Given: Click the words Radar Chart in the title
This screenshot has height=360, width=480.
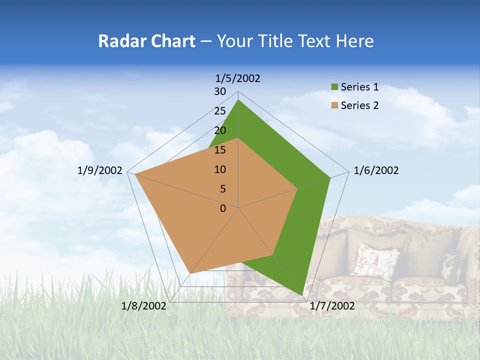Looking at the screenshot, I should click(x=146, y=41).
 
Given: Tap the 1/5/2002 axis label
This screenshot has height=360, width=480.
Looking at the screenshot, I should click(x=238, y=78).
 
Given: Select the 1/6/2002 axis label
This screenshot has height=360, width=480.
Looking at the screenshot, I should click(x=376, y=170).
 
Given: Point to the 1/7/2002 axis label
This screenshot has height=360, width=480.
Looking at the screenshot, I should click(x=332, y=306).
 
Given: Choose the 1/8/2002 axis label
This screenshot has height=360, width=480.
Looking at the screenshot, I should click(x=144, y=306).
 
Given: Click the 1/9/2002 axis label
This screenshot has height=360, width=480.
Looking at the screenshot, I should click(x=100, y=170).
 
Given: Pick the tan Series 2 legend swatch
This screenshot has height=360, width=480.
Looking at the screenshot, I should click(x=334, y=105).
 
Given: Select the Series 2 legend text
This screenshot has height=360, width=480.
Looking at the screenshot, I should click(x=359, y=105).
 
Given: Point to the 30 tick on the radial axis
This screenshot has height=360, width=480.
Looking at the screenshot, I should click(x=220, y=91).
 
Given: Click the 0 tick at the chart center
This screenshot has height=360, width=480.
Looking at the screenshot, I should click(x=223, y=208).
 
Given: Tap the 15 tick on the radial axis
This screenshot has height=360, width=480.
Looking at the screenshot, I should click(x=220, y=150).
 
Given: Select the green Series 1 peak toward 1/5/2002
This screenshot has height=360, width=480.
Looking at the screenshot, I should click(x=238, y=99).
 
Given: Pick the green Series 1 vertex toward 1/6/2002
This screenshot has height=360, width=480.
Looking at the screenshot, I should click(x=330, y=177).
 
